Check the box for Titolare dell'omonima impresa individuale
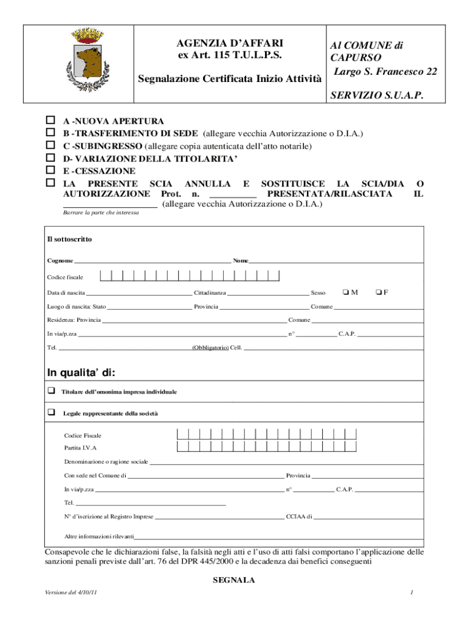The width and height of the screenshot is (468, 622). coord(52,391)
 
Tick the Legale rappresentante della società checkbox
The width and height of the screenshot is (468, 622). coord(52,412)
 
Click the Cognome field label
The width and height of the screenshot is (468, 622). coord(60,261)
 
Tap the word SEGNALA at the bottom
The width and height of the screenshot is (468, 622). coord(234,580)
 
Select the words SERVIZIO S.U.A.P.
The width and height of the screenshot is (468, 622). coord(376,96)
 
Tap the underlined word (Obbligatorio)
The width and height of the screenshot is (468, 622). coord(210,348)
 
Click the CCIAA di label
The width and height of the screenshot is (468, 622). coord(299,517)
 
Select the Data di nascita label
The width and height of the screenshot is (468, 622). coord(66,293)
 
